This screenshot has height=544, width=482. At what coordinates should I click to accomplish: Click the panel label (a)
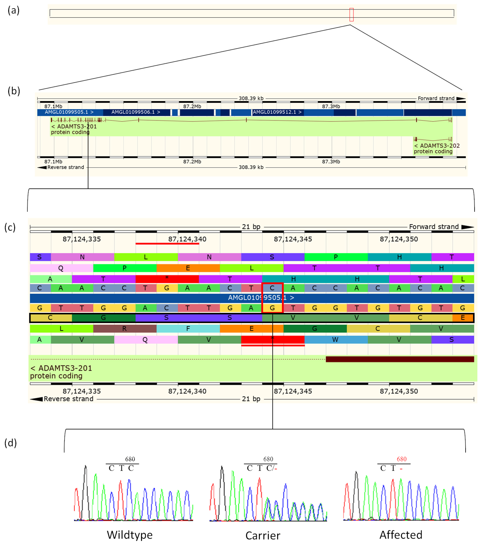tap(14, 11)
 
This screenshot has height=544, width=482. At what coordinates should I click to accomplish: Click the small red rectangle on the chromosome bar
tap(351, 15)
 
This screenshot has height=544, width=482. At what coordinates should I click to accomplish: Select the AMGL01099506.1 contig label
tap(136, 112)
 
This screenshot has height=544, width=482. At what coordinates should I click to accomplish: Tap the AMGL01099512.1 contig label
tap(277, 112)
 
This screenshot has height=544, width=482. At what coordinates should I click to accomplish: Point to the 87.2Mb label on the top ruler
tap(192, 106)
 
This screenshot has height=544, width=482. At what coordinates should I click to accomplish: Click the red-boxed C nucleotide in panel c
tap(272, 288)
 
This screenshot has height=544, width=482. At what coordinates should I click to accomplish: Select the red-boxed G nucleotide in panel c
tap(272, 308)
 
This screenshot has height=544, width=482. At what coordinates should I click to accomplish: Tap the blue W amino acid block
tap(335, 340)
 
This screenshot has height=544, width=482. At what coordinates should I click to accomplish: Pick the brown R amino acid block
tap(124, 329)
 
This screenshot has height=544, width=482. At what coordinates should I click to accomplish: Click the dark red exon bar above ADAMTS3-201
tap(400, 359)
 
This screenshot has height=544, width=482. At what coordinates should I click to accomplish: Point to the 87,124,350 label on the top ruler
tap(399, 239)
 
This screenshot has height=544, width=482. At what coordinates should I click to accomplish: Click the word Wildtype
tap(130, 535)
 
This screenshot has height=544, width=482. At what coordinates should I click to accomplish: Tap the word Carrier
tap(263, 535)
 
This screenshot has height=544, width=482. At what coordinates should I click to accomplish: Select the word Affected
tap(401, 535)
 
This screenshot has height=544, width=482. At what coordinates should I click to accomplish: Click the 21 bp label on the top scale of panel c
tap(251, 227)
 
